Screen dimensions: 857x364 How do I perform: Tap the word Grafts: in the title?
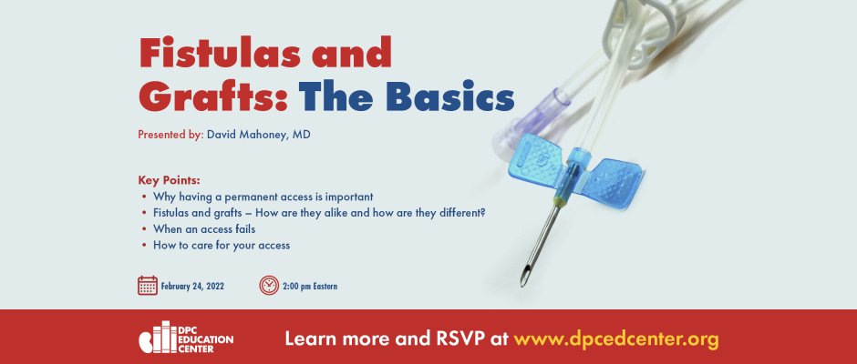coord(213,96)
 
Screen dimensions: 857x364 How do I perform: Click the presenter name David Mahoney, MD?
coord(259,135)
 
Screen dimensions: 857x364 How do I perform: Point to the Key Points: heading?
coord(169,180)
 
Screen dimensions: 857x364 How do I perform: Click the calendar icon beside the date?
coord(148,286)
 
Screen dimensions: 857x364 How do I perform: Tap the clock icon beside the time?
coord(269,286)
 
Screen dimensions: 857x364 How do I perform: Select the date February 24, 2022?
coord(192,286)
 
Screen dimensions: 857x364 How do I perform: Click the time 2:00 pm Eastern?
coord(310,286)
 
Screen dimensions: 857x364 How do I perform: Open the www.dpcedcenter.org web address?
coord(616,339)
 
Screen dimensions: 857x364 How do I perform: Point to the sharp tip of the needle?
coord(522,285)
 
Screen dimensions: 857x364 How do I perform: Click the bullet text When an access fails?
coord(204,229)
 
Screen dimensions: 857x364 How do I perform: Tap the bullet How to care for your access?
coord(222,246)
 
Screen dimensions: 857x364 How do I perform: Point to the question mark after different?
coord(482,212)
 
